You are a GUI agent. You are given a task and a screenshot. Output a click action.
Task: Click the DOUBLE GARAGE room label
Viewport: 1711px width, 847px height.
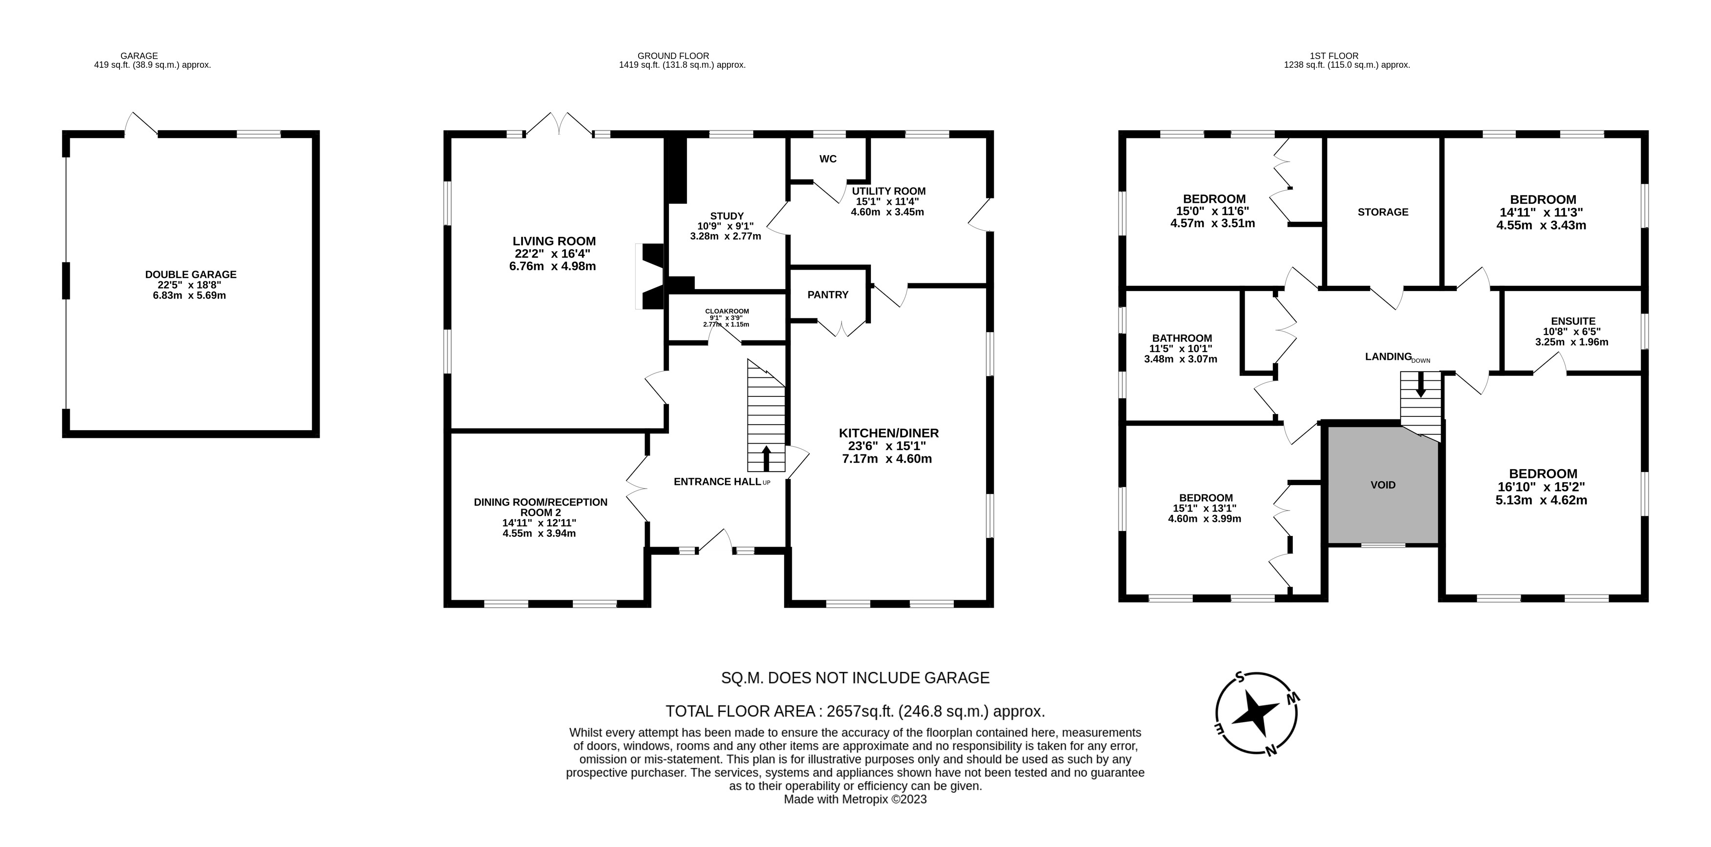point(191,274)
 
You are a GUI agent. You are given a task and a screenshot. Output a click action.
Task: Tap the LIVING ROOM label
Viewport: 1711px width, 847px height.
point(554,241)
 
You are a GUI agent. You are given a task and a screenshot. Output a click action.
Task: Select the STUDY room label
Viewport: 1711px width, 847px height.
point(726,216)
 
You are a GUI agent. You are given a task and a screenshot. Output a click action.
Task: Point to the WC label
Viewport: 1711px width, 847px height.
point(827,158)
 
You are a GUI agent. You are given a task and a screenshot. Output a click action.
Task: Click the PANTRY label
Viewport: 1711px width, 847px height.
point(827,295)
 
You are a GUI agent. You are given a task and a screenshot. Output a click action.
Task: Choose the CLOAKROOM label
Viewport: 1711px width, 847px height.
point(726,311)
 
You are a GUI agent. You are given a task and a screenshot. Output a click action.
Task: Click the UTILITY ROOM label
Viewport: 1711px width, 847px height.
point(889,191)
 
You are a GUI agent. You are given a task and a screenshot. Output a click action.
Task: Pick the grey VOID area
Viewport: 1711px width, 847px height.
point(1383,485)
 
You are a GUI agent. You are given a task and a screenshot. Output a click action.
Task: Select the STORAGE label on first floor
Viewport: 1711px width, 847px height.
point(1383,212)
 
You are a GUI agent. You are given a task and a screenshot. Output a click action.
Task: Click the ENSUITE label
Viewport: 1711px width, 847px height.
point(1573,321)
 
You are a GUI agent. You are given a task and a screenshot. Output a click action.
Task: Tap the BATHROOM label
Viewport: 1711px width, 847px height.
point(1182,338)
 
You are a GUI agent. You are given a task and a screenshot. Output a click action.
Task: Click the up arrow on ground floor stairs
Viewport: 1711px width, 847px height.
point(766,457)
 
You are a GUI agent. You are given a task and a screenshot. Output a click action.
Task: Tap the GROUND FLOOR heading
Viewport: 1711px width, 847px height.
point(673,56)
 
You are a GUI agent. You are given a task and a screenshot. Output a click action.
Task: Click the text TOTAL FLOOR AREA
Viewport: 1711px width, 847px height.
point(741,711)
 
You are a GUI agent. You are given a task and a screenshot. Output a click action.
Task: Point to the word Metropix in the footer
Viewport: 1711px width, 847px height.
point(865,799)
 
